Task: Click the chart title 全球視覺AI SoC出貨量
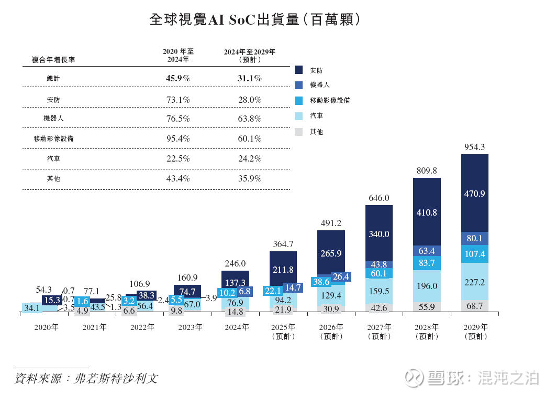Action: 254,19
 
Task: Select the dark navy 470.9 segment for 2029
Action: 474,194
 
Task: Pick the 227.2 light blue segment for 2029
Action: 474,282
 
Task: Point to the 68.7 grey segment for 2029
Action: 474,305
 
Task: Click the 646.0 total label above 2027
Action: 379,198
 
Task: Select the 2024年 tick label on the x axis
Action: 236,327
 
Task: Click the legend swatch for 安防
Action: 299,70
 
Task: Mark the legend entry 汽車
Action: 316,116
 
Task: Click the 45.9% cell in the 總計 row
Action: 177,78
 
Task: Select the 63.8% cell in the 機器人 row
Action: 250,119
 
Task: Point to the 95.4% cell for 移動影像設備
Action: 177,138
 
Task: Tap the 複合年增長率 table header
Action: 53,60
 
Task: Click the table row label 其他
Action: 53,178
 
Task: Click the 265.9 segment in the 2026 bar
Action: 331,253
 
